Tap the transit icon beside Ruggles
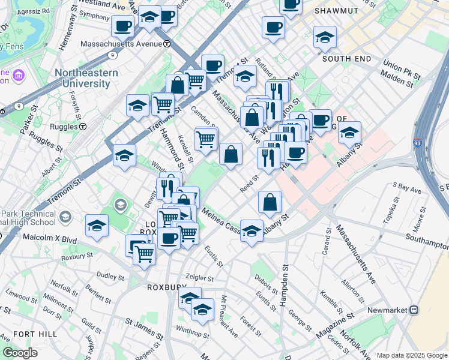[x=83, y=127]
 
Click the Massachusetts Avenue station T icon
[x=167, y=44]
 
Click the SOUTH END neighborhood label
[x=345, y=59]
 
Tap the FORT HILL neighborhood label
[x=36, y=334]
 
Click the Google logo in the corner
[x=20, y=353]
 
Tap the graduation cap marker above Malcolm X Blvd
[x=97, y=226]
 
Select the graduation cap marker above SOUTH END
[x=325, y=37]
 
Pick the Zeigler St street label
[x=199, y=278]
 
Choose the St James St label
[x=142, y=323]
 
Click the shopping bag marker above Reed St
[x=231, y=155]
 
